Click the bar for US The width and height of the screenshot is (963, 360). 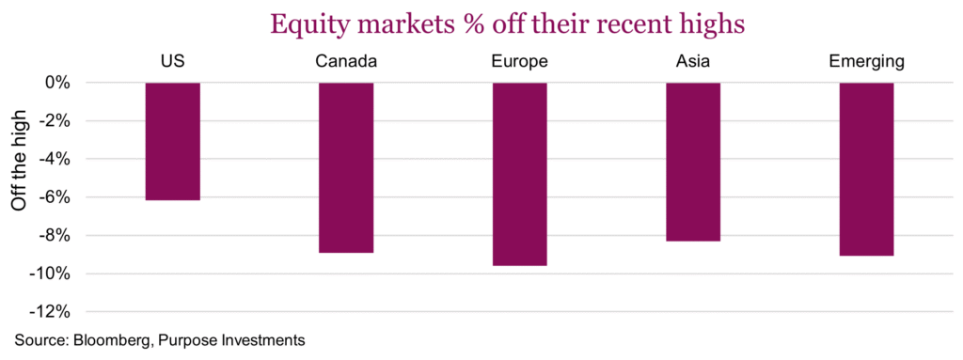[172, 141]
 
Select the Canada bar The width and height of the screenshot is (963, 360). [346, 167]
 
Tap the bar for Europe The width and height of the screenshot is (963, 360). [519, 174]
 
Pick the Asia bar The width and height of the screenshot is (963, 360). [693, 162]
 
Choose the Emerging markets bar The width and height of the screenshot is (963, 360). [866, 169]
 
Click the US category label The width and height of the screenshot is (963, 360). [172, 62]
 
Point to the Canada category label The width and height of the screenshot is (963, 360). [346, 62]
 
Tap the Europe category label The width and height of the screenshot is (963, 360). [519, 62]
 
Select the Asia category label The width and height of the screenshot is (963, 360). [693, 62]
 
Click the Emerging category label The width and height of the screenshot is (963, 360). [866, 62]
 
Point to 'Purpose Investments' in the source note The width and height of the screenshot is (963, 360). [229, 339]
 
